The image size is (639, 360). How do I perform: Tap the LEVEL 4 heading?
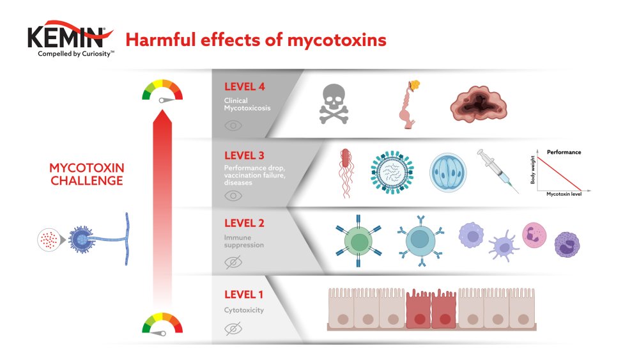[244, 87]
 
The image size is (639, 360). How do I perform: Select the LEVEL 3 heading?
[244, 155]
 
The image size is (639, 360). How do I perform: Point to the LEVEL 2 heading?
[244, 223]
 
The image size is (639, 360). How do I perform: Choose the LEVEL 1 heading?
[243, 295]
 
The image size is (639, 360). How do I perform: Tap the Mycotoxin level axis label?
[564, 194]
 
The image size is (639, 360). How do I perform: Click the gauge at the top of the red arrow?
[162, 91]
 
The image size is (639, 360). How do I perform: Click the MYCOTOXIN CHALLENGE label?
[87, 174]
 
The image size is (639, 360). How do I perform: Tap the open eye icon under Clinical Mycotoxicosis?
[233, 125]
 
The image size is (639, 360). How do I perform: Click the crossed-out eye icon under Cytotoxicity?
[233, 329]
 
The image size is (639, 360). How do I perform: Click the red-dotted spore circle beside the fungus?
[47, 240]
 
